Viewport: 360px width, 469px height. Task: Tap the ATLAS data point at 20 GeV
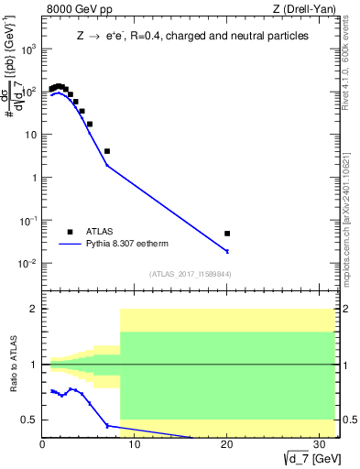pos(227,234)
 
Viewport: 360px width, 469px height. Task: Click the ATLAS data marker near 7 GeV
pos(107,151)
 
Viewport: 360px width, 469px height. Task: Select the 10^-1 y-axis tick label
pos(28,221)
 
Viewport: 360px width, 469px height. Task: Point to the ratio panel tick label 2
pos(35,309)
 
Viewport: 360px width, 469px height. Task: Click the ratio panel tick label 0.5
pos(30,420)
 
